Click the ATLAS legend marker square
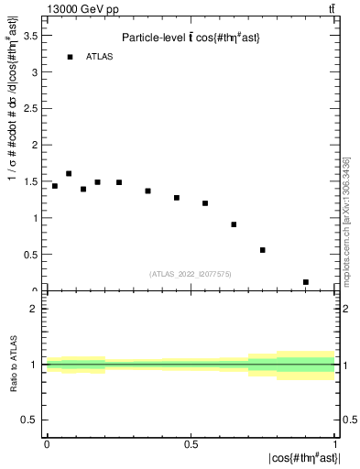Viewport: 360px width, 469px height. [70, 57]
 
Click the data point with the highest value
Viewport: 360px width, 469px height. [69, 173]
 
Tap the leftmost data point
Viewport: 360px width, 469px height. [55, 186]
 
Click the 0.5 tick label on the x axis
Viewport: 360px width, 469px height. [191, 444]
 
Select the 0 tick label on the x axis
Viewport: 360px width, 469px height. [47, 444]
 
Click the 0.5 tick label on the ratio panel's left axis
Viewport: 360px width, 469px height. [29, 420]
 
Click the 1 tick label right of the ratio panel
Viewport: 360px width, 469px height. [345, 365]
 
